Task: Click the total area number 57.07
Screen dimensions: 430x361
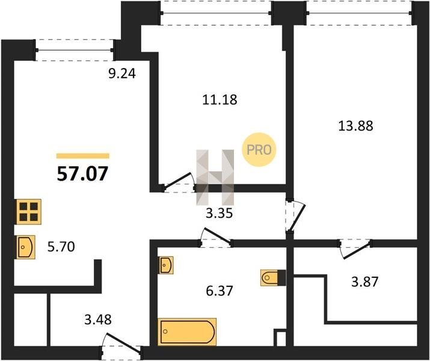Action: pos(82,174)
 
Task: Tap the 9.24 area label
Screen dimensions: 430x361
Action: pos(122,73)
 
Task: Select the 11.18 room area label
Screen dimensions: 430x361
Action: pos(220,99)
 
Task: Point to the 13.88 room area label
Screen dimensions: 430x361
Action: pos(355,126)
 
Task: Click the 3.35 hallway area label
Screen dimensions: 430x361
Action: pos(220,213)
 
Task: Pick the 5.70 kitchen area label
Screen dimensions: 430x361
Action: pos(61,247)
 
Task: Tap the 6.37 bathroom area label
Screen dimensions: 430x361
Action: pos(220,291)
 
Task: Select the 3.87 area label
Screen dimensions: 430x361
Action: pos(365,282)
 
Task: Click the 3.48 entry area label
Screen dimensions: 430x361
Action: pos(98,319)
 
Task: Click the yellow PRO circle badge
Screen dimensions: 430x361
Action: pos(259,149)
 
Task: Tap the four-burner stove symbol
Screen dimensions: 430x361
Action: pos(29,212)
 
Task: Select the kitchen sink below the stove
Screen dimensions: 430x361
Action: pos(26,247)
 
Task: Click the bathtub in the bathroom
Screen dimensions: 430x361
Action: pos(187,332)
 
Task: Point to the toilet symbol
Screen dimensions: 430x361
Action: pos(273,278)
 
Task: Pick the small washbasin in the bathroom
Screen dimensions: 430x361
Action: pos(166,265)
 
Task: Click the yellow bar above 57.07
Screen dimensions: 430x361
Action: pos(83,156)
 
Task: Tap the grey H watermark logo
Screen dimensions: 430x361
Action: pos(215,177)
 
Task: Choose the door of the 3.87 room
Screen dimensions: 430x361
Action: pos(355,249)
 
